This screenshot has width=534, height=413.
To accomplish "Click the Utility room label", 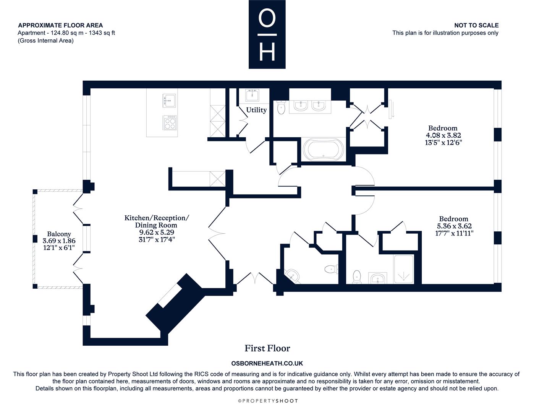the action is [256, 110].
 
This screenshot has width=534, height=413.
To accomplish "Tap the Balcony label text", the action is [59, 234].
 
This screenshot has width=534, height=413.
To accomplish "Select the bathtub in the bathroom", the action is [323, 149].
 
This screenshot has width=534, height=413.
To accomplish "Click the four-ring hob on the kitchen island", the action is [170, 123].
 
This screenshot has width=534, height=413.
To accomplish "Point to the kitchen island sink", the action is [170, 100].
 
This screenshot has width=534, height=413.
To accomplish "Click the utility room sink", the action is [252, 95].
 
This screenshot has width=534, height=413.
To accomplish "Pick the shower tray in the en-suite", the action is [403, 269].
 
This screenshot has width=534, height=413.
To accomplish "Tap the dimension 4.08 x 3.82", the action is [443, 135].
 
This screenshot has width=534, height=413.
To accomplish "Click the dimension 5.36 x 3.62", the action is [454, 226].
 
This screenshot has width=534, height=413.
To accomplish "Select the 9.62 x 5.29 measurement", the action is [157, 232].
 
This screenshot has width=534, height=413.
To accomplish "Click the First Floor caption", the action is [267, 348].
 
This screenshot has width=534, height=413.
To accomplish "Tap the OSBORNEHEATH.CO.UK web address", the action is [267, 363].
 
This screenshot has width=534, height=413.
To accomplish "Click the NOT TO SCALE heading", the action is [476, 25].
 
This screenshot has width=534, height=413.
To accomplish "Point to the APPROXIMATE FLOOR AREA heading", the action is [60, 25].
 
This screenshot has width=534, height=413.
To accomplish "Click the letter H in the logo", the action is [267, 52].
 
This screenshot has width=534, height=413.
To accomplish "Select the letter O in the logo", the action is [267, 18].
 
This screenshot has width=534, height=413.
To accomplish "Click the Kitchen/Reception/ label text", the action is [157, 218].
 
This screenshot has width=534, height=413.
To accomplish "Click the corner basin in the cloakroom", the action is [293, 276].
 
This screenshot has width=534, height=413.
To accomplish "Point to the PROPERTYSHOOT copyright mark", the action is [268, 401].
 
